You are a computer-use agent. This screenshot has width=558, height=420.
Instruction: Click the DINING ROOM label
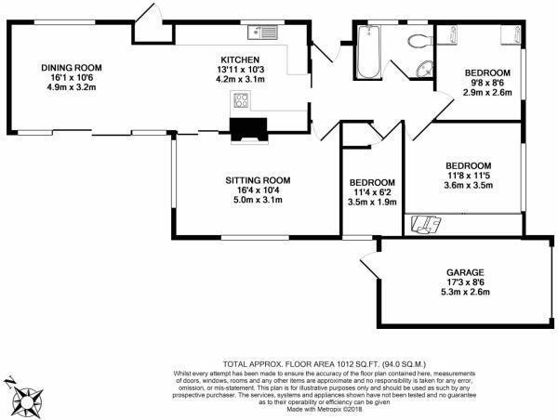click(71, 68)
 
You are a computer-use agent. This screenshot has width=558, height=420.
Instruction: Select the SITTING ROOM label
click(258, 179)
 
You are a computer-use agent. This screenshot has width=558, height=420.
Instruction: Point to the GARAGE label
click(461, 272)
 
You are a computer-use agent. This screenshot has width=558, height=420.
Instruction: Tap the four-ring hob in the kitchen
click(243, 101)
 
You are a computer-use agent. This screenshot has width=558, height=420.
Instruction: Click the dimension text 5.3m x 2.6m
click(461, 293)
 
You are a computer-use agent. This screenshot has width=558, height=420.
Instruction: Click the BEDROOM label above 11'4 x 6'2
click(372, 182)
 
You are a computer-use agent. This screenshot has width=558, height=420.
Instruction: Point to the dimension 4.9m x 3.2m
click(71, 88)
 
